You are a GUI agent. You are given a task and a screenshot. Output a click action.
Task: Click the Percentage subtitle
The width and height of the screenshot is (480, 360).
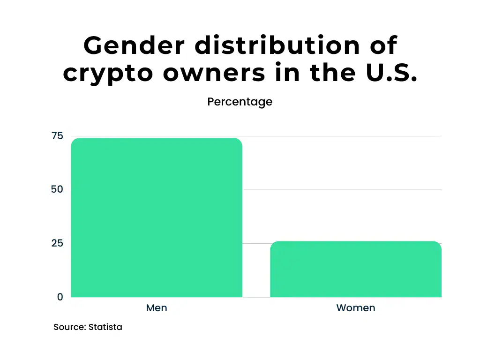(x=240, y=102)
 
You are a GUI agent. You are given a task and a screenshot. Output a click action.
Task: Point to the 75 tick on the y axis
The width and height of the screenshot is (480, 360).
(x=57, y=136)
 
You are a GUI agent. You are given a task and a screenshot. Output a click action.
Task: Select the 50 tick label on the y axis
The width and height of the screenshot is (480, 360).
(x=57, y=189)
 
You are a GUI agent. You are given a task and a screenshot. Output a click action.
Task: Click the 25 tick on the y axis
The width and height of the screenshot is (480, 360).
(x=57, y=243)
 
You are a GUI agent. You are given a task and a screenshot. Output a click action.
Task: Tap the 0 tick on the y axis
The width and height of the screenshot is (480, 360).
(x=60, y=297)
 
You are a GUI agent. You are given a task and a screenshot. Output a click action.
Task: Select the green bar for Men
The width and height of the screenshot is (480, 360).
(x=157, y=217)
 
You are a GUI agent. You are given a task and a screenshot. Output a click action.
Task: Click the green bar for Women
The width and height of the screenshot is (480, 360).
(x=355, y=269)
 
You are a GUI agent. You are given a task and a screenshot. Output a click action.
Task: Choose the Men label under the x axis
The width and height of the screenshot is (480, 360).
(x=157, y=308)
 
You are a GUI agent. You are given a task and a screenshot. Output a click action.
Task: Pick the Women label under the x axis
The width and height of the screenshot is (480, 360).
(x=355, y=308)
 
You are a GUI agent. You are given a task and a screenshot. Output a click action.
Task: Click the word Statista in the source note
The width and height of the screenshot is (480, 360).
(x=106, y=327)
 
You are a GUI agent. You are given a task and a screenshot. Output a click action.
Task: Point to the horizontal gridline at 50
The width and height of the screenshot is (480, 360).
(x=342, y=190)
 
